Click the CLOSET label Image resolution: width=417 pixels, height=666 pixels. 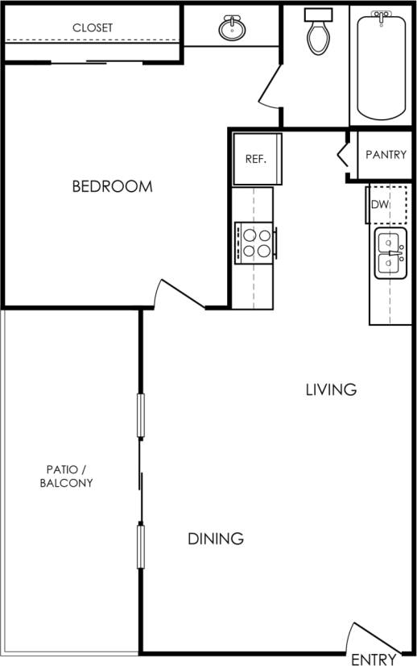(93, 27)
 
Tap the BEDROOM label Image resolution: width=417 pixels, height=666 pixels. (112, 186)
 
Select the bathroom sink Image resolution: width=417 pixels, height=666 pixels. (233, 29)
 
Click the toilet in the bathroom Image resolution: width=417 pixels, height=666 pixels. (316, 32)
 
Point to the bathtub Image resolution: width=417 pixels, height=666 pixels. (381, 65)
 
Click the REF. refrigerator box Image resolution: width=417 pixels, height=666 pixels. (256, 158)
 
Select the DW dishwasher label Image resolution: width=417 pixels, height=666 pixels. (380, 205)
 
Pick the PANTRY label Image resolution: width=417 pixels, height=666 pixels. (386, 154)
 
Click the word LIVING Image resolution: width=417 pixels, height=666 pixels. (331, 389)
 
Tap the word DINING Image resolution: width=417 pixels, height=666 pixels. (216, 539)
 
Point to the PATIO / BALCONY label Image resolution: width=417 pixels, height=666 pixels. (68, 476)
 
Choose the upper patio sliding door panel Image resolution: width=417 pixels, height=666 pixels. (141, 415)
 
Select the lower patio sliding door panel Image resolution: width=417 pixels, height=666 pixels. (141, 545)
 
